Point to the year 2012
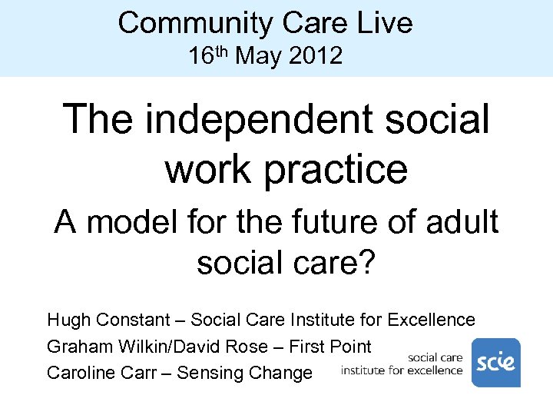click(316, 56)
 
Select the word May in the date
click(258, 56)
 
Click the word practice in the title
click(336, 168)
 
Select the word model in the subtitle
click(136, 223)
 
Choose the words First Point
click(330, 347)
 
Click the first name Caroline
click(80, 373)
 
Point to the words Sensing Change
click(245, 373)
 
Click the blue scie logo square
click(495, 363)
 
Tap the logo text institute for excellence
click(402, 370)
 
